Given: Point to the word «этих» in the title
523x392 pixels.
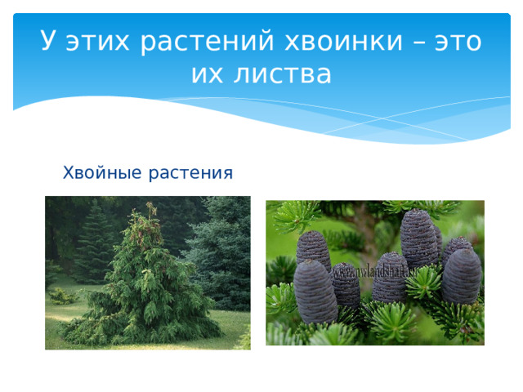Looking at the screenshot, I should [x=96, y=42].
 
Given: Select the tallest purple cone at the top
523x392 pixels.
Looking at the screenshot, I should [x=420, y=237].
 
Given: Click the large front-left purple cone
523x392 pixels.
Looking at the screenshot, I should [x=315, y=290].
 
